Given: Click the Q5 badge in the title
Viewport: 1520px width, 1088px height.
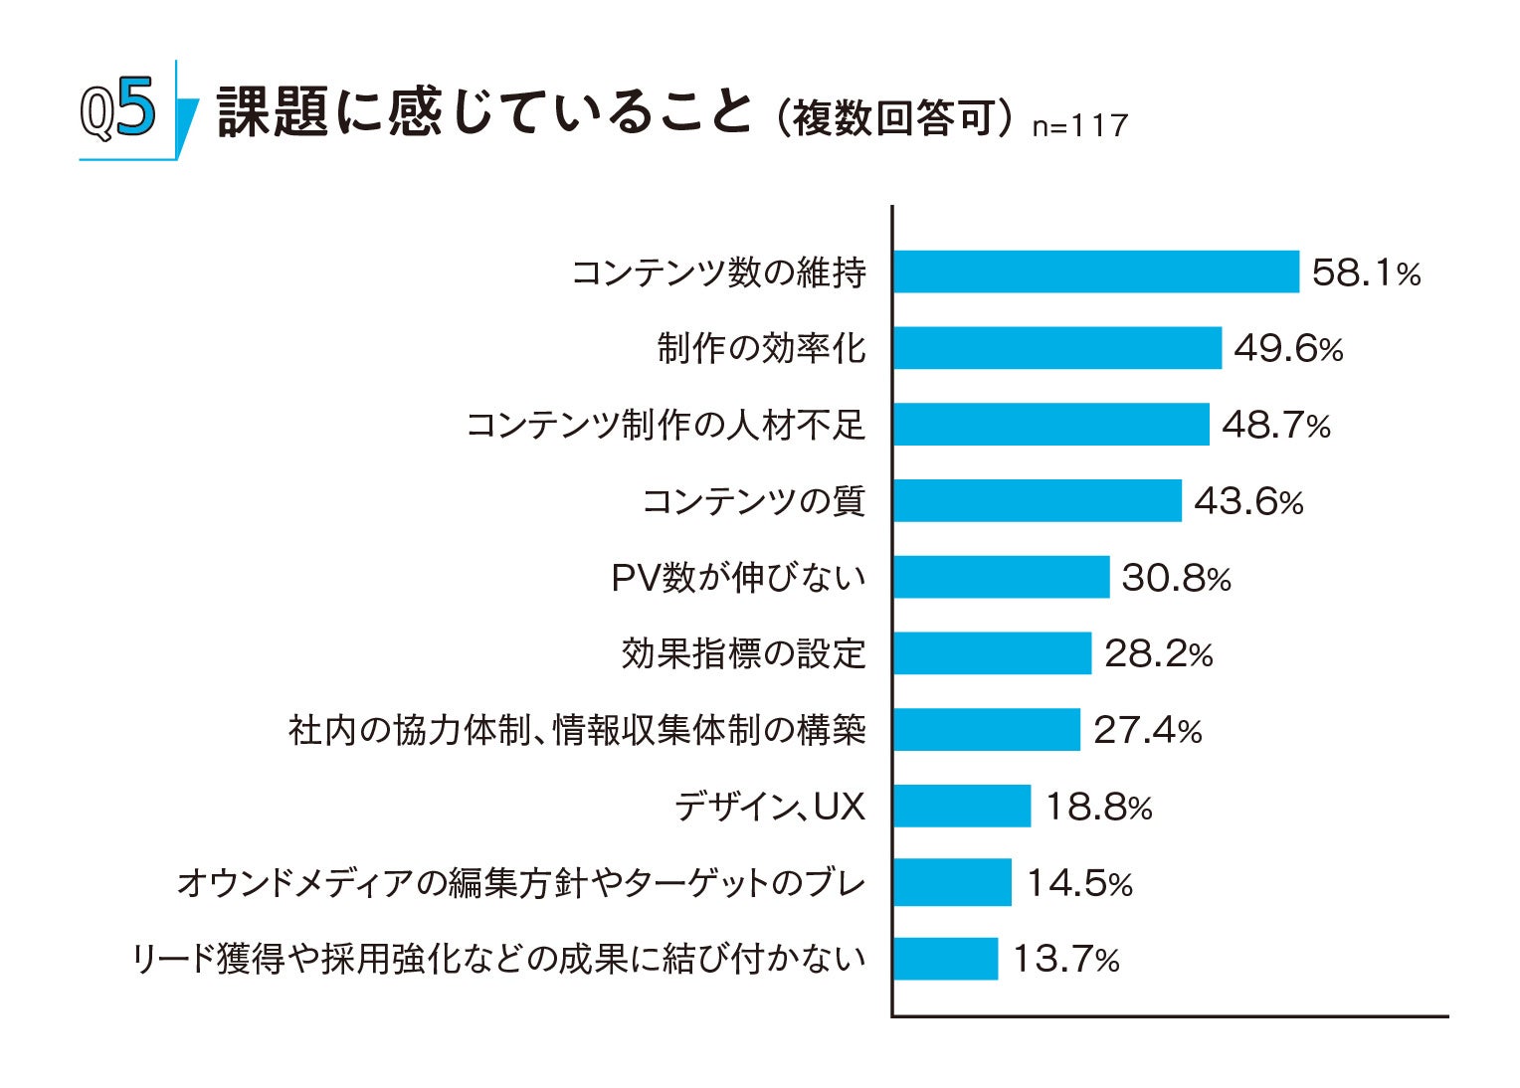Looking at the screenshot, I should (119, 111).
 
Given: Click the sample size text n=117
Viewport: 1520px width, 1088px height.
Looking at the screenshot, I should (1079, 126).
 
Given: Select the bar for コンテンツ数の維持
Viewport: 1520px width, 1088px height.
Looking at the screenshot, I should (1095, 272).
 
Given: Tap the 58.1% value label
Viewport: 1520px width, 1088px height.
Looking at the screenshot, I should (1365, 272).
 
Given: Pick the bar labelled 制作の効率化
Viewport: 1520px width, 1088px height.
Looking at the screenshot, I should (1056, 348).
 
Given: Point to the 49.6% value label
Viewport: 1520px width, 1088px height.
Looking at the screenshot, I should (1287, 349).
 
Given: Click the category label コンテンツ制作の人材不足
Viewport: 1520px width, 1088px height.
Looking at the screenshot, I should (665, 425).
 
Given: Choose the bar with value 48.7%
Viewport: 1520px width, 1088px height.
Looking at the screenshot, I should (1050, 425).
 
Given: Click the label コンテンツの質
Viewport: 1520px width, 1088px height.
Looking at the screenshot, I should (753, 500).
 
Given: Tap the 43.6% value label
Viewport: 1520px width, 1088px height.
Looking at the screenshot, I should (1247, 501).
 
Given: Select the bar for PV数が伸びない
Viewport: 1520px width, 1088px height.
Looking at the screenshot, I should (1001, 577).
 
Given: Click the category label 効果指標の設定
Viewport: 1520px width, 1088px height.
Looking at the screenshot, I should (743, 653).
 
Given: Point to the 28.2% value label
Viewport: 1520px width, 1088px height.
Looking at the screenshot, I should (1158, 654).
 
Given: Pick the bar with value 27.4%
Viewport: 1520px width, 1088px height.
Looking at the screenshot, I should (986, 730).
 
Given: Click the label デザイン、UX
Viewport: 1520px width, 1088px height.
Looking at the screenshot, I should (769, 806).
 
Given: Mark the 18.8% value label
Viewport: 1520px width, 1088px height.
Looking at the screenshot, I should (1097, 807).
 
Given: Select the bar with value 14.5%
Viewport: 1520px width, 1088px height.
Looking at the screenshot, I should (952, 882).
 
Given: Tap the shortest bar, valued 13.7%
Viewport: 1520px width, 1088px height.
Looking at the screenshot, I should (945, 959).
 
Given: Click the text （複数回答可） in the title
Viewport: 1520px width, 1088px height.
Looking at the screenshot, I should (894, 118).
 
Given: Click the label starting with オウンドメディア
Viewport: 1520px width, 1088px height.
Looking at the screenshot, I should (520, 882).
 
